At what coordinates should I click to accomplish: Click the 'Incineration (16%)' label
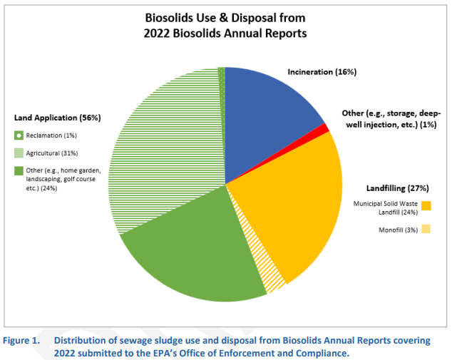(322, 72)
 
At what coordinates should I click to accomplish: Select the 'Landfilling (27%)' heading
(397, 188)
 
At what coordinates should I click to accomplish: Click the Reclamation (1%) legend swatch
(19, 135)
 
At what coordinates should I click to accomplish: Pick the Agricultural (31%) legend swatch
(19, 153)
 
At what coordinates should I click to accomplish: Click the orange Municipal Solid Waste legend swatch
(426, 206)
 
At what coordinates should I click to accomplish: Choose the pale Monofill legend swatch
(426, 230)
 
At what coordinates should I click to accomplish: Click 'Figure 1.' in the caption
(22, 340)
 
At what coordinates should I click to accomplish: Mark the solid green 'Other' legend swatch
(19, 170)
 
